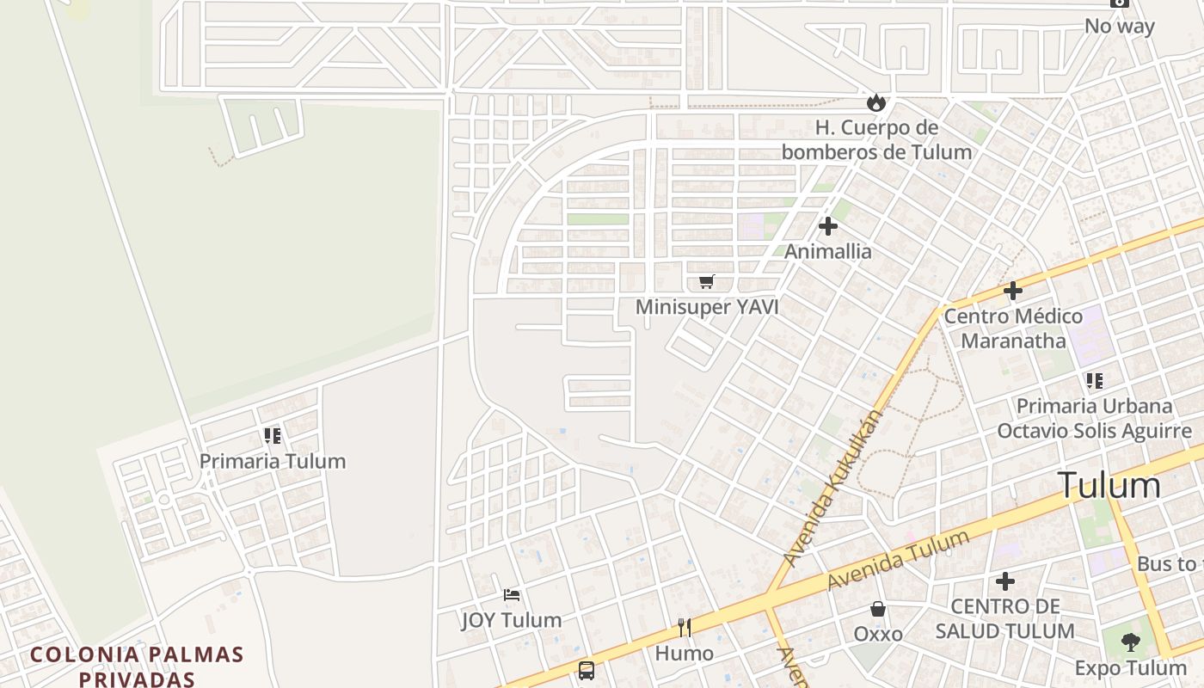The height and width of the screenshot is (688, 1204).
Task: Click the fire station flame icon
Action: tap(876, 103)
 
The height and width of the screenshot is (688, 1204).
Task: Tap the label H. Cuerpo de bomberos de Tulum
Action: tap(876, 140)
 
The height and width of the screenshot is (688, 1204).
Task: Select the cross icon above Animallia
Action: tap(828, 226)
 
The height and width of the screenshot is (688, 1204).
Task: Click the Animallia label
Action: tap(828, 251)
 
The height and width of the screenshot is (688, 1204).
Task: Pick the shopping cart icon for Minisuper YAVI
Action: tap(707, 281)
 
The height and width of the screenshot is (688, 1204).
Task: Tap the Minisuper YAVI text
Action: tap(707, 307)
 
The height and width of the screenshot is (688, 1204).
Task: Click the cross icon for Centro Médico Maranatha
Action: tap(1013, 291)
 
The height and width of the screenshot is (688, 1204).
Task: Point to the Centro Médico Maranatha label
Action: tap(1013, 329)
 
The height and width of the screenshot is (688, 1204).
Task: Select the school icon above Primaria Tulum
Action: tap(273, 436)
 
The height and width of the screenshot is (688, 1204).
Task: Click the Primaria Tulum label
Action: tap(273, 461)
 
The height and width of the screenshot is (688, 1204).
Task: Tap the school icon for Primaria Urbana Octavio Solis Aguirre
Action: tap(1094, 380)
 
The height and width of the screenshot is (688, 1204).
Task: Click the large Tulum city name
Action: tap(1109, 486)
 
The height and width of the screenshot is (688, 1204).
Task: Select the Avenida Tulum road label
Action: tap(898, 560)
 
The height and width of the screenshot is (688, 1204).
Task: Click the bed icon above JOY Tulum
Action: tap(512, 595)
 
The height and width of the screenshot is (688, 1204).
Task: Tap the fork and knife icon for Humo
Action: tap(685, 628)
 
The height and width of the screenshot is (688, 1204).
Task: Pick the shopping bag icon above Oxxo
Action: tap(878, 609)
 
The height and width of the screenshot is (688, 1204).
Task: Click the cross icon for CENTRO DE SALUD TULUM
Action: tap(1004, 582)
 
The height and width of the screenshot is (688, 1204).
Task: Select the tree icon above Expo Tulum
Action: tap(1130, 642)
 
